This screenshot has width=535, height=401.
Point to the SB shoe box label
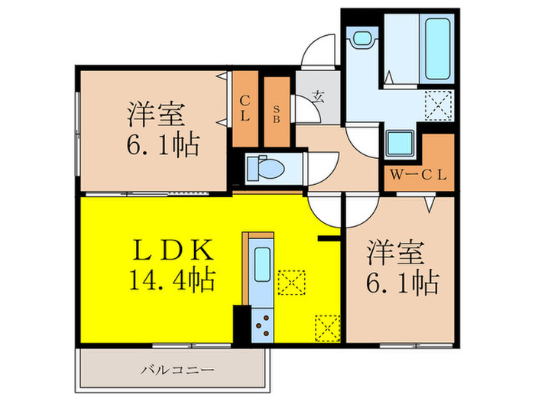[277, 108]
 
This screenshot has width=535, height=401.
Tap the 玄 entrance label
[317, 96]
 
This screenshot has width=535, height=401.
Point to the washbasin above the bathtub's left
[360, 39]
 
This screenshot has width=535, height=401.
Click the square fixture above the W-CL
[399, 143]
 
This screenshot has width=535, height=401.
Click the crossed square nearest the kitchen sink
[290, 282]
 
